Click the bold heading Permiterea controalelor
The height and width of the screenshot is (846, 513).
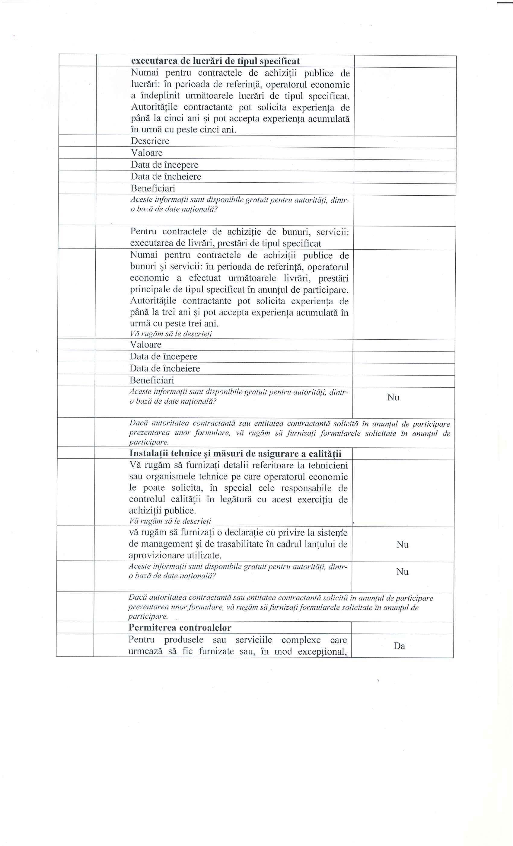tap(180, 628)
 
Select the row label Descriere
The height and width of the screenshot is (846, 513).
tap(150, 141)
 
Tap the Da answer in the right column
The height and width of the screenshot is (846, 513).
tap(400, 646)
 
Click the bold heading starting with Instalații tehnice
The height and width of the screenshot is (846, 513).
tap(235, 453)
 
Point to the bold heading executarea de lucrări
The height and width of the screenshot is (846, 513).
tap(215, 61)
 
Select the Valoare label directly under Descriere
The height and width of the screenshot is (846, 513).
tap(147, 153)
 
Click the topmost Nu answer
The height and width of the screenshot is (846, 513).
tap(393, 398)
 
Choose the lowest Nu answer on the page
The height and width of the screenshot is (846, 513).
tap(402, 572)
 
